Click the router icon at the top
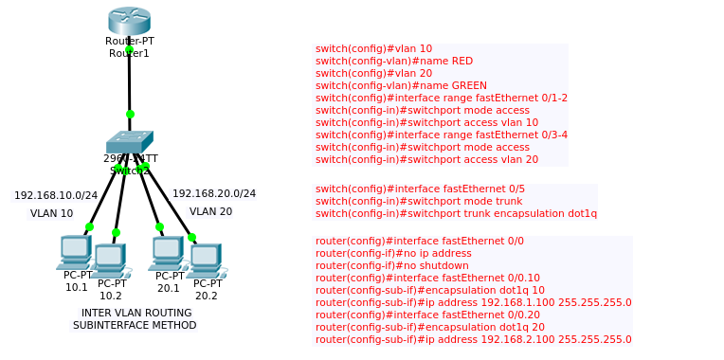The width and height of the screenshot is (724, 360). coord(129,20)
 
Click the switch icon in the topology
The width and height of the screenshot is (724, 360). coord(129,141)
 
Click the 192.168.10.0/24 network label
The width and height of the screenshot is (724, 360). coord(56,195)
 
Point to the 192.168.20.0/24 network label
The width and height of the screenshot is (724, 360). coord(214,193)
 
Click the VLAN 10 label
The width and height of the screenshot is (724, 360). coord(51,214)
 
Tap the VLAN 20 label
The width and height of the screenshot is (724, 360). coord(210,212)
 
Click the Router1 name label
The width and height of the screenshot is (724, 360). coord(129,54)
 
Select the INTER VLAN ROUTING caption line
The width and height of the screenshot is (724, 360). coord(136,313)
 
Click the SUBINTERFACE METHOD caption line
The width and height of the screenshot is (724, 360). coord(135,326)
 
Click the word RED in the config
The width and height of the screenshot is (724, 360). coord(462,61)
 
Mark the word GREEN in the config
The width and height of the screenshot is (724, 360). coord(468,85)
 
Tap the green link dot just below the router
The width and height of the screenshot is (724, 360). coord(129,47)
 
